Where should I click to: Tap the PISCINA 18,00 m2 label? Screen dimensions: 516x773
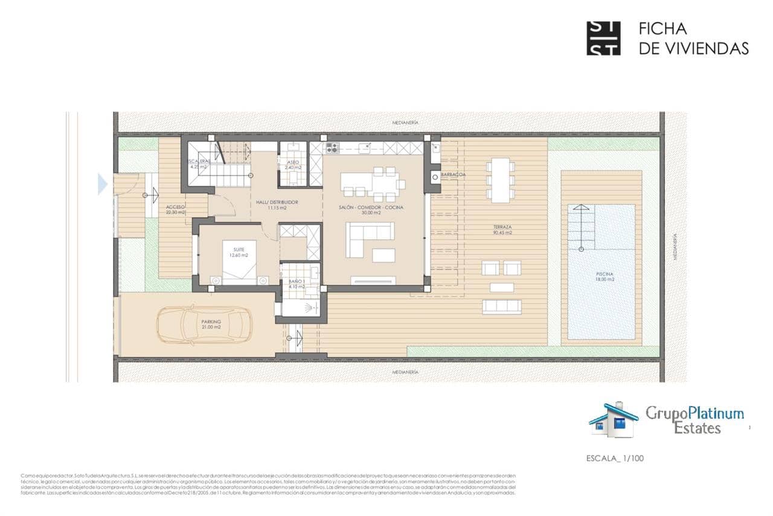601,277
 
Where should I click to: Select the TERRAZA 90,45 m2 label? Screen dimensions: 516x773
502,230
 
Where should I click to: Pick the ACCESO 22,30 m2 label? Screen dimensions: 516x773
175,209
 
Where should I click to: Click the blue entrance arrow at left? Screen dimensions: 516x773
102,184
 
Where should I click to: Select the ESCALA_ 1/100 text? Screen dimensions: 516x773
615,458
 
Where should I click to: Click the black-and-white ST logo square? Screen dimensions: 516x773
603,39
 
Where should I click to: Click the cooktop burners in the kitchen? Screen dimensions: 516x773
331,147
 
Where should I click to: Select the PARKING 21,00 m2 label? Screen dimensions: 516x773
211,324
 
